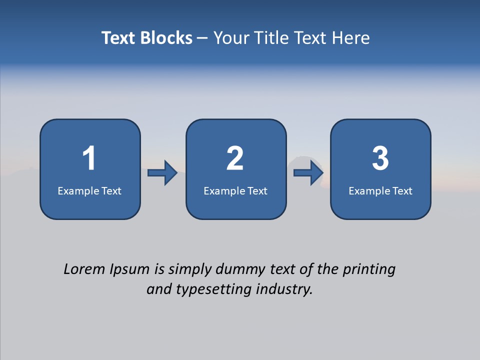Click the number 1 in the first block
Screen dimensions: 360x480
click(x=89, y=158)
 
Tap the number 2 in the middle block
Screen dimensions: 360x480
click(x=235, y=158)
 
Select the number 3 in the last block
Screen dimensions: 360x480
click(x=380, y=158)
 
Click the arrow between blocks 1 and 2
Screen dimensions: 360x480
click(x=162, y=173)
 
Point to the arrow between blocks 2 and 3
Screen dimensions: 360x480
click(x=308, y=173)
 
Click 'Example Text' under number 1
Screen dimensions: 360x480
click(x=89, y=191)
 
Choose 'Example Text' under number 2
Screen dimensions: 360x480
click(x=235, y=191)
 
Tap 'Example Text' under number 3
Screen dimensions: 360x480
click(x=380, y=191)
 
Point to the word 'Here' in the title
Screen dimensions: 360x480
click(x=352, y=38)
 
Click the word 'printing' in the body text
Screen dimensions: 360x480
click(x=369, y=270)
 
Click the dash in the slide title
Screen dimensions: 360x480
click(x=202, y=38)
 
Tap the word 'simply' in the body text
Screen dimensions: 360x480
click(x=190, y=270)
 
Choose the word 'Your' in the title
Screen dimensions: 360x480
click(x=232, y=38)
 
